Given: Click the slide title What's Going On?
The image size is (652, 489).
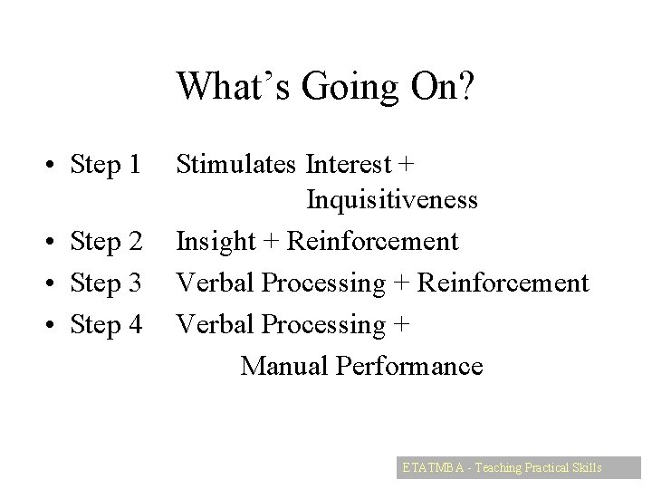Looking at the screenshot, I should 326,87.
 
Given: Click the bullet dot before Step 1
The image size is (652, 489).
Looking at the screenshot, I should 32,166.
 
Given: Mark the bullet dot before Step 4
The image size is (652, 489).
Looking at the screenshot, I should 32,325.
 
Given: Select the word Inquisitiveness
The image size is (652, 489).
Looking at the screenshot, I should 392,199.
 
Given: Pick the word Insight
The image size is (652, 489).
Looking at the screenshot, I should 216,242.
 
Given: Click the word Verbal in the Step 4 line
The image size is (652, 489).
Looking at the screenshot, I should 215,323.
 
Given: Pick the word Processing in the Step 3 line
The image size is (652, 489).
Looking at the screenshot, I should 321,283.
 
